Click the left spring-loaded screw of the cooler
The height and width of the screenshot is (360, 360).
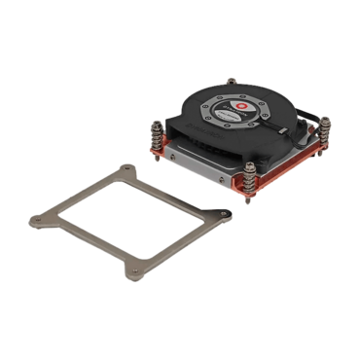coord(159,133)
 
